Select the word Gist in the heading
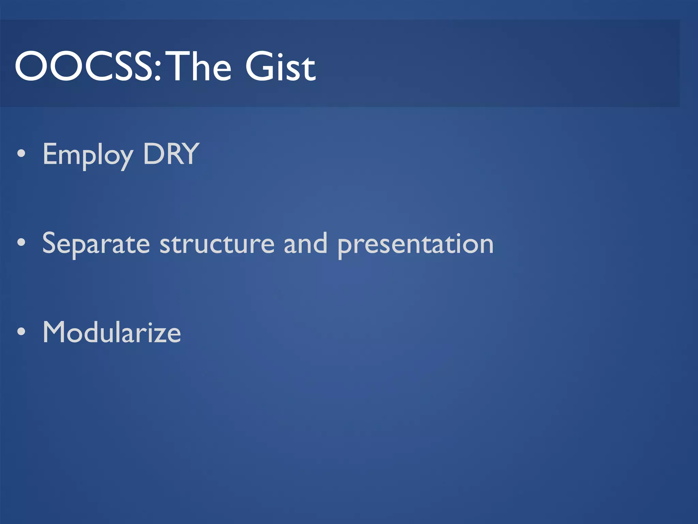point(280,67)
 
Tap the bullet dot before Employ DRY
point(21,154)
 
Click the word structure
point(217,244)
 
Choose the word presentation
point(415,245)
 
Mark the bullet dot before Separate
point(21,243)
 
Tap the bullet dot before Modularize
point(21,332)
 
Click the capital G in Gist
point(259,67)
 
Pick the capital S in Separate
point(50,243)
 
